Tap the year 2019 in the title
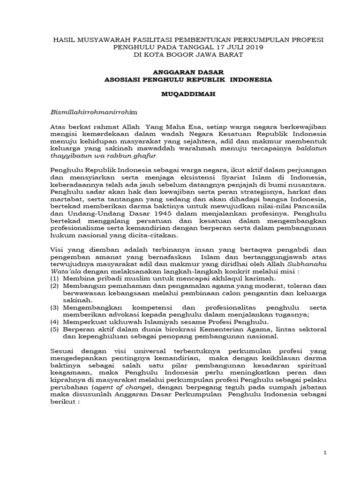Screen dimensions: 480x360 point(253,47)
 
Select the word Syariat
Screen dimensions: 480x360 point(227,177)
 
